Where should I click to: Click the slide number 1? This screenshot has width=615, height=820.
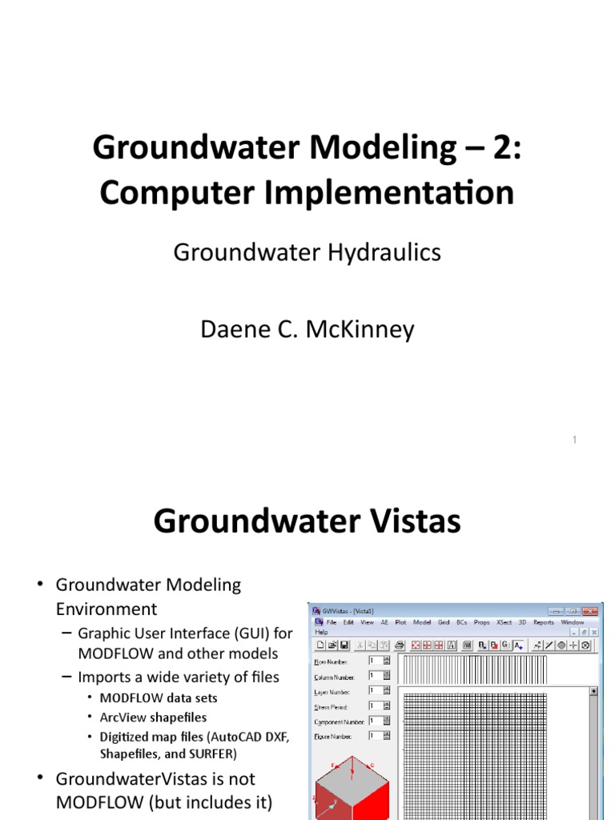(575, 440)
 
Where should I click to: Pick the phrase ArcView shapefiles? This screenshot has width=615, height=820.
(153, 717)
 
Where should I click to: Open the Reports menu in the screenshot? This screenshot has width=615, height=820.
(544, 622)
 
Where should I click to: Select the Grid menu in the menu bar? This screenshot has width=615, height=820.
(443, 622)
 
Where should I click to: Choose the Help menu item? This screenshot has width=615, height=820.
(321, 632)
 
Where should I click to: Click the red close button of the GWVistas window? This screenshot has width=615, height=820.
(592, 610)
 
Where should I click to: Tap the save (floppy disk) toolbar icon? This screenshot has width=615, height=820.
(344, 645)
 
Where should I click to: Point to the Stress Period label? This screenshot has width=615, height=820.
(332, 705)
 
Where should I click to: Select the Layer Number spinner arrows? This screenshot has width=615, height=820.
(386, 690)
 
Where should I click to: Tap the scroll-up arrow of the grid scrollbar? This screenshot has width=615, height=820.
(593, 691)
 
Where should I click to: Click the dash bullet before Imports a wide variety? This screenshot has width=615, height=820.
(68, 677)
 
